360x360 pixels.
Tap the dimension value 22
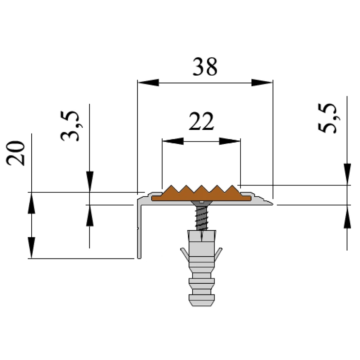point(201,122)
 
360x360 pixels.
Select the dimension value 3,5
point(69,126)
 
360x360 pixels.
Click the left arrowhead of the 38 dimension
point(148,83)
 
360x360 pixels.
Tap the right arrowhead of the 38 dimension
point(262,83)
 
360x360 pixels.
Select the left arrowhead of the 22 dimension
point(172,141)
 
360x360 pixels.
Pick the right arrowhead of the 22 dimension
point(230,141)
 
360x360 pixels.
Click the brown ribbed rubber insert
point(201,195)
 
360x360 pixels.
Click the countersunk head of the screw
point(202,204)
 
